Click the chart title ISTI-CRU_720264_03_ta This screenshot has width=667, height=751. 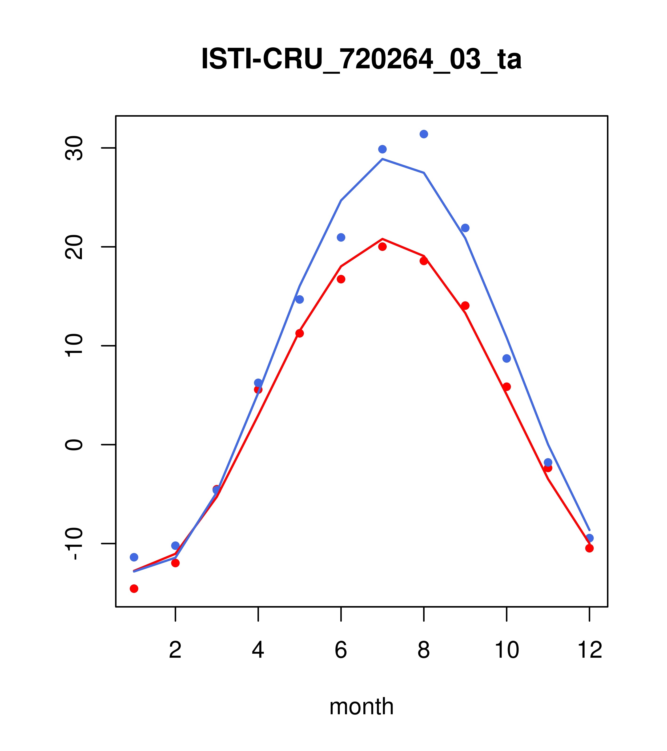tap(361, 59)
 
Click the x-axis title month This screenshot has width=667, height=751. tap(361, 706)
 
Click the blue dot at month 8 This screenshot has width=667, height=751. tap(424, 134)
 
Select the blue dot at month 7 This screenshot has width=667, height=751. tap(382, 149)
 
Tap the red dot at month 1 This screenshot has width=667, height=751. tap(134, 589)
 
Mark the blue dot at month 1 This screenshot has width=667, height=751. tap(134, 557)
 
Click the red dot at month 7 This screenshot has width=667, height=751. tap(382, 247)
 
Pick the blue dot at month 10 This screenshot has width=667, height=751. tap(506, 358)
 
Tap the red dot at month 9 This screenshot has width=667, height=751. tap(465, 306)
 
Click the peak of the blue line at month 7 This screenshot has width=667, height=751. tap(382, 159)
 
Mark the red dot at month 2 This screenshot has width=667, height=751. tap(176, 563)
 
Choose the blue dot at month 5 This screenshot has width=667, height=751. tap(300, 299)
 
